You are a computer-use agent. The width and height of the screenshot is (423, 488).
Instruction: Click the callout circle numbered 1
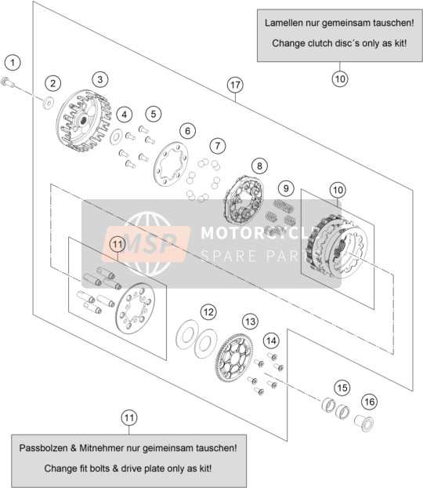point(13,63)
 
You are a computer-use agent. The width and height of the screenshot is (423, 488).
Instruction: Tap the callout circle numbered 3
point(100,79)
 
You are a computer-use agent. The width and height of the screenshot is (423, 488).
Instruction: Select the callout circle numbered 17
point(235,85)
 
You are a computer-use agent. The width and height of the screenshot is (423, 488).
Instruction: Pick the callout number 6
point(187,131)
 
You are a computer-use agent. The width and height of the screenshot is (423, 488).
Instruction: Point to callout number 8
point(259,166)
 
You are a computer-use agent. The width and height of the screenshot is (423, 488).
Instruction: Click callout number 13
point(250,321)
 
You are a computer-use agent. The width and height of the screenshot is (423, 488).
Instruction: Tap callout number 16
point(370,402)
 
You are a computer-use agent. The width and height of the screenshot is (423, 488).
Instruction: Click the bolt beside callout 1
point(8,82)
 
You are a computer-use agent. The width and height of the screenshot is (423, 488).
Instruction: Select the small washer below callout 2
point(48,103)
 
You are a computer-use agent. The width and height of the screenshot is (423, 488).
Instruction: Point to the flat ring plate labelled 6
point(171,164)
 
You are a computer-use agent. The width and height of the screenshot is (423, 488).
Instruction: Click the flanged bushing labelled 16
point(364,423)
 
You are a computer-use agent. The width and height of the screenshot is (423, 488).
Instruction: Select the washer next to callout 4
point(116,136)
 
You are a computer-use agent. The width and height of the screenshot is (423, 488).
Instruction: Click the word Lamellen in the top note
point(284,23)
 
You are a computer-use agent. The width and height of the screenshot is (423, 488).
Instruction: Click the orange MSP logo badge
point(146,244)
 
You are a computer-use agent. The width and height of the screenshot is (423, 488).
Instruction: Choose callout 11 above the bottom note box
point(129,417)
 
